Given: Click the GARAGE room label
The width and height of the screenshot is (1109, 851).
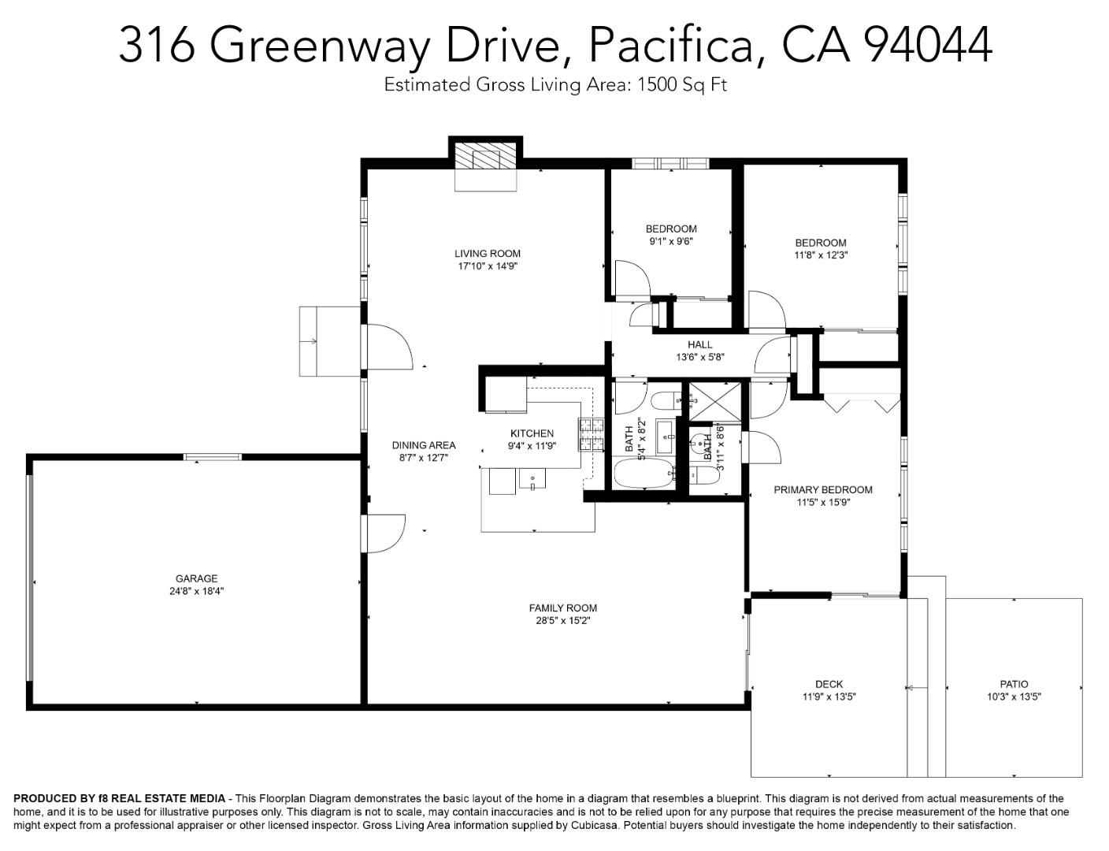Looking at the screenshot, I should pyautogui.click(x=196, y=578).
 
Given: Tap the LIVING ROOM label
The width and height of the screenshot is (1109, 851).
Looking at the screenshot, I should pyautogui.click(x=487, y=254).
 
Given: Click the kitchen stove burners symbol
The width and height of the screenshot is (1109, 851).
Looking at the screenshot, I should pyautogui.click(x=591, y=434).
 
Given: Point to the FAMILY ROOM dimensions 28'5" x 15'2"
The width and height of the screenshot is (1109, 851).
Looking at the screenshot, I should pyautogui.click(x=562, y=621).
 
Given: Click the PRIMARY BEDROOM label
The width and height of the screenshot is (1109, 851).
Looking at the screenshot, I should pyautogui.click(x=822, y=489).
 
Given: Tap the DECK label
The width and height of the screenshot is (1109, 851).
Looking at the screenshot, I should pyautogui.click(x=829, y=684).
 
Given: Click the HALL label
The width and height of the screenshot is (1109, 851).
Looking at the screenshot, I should pyautogui.click(x=699, y=344).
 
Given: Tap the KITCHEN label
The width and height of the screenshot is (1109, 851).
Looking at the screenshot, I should pyautogui.click(x=532, y=433).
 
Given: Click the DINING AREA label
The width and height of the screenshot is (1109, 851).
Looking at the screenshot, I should pyautogui.click(x=423, y=445).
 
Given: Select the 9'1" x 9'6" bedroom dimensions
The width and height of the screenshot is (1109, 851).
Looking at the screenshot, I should pyautogui.click(x=671, y=242).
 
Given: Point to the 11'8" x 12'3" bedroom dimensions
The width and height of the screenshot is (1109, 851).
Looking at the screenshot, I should pyautogui.click(x=820, y=255).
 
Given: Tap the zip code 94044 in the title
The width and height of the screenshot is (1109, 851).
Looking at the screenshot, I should pyautogui.click(x=928, y=45).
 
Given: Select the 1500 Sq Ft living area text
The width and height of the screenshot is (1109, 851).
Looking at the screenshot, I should pyautogui.click(x=681, y=84).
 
